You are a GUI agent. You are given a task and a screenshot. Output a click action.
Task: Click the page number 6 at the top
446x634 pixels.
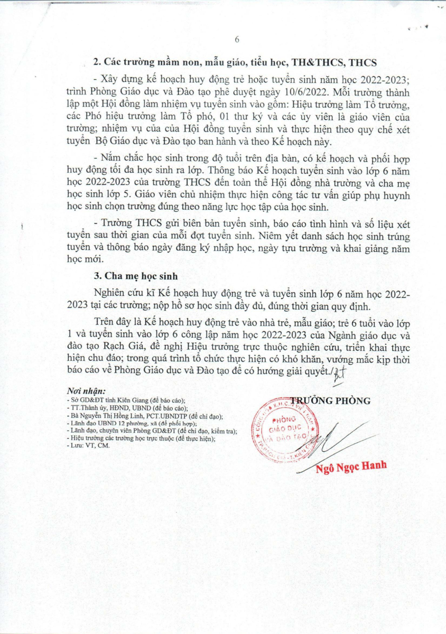click(237, 40)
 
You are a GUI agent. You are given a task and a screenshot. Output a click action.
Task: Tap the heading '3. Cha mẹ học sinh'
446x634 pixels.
click(134, 275)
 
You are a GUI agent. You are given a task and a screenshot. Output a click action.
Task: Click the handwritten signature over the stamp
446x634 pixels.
click(333, 436)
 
